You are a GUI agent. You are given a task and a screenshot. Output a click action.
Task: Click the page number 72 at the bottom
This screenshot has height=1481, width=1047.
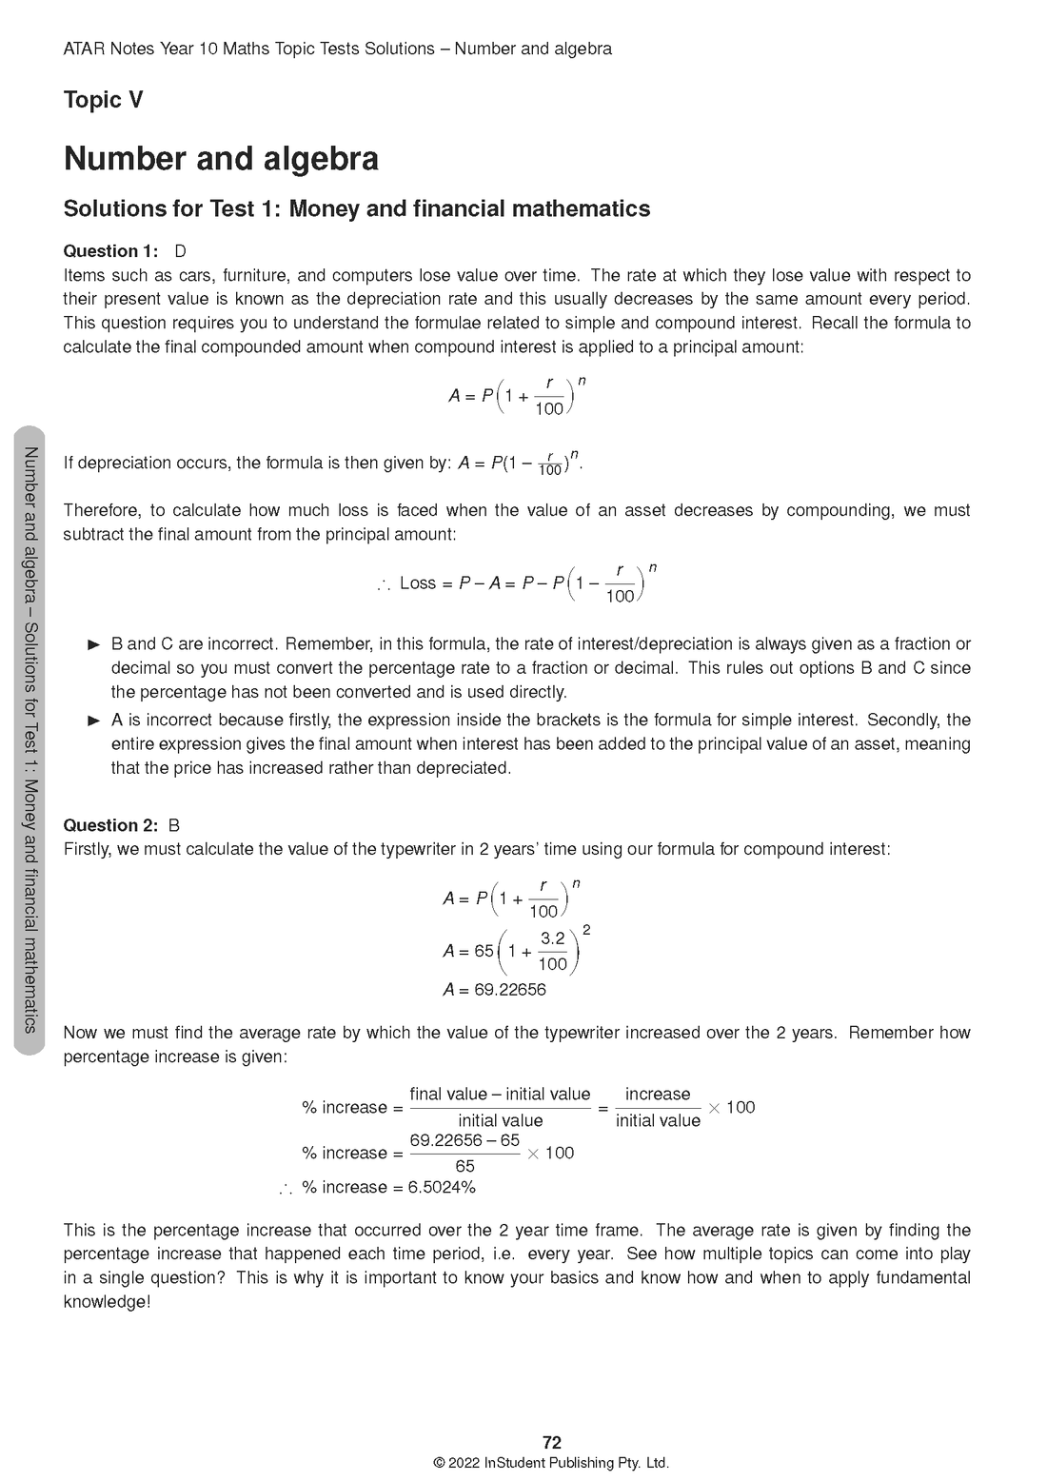click(551, 1442)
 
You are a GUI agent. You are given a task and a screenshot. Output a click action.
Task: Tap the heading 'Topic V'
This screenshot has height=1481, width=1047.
click(103, 100)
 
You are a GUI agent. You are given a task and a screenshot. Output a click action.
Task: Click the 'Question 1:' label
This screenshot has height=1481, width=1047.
click(110, 251)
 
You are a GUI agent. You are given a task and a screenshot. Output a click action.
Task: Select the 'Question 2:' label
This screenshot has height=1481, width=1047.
click(110, 825)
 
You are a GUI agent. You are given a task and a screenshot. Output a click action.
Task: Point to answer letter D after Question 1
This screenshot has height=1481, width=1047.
click(180, 251)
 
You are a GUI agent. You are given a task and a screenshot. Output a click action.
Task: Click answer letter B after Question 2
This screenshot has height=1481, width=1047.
click(173, 825)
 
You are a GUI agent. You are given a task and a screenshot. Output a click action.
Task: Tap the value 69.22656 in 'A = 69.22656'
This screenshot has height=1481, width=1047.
click(510, 990)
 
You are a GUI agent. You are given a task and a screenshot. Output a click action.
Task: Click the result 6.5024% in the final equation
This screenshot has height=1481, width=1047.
click(442, 1187)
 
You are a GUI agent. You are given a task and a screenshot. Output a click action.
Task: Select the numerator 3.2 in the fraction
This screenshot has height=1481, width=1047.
click(552, 938)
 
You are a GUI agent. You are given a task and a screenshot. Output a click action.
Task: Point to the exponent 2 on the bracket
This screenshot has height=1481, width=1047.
click(586, 929)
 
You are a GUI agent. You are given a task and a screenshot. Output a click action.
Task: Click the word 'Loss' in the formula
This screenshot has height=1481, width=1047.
click(418, 583)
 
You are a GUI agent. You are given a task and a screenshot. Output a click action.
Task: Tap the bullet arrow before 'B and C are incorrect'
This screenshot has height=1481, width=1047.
click(93, 644)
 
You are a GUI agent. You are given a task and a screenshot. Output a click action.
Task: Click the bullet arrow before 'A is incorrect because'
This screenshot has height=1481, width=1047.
click(93, 721)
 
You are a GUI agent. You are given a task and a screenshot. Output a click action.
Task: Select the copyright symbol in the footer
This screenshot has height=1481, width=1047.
click(439, 1463)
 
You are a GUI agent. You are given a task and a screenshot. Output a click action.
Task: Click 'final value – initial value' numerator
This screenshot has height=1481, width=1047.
click(500, 1095)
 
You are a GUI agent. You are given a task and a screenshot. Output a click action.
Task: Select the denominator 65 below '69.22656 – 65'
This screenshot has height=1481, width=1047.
click(464, 1166)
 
